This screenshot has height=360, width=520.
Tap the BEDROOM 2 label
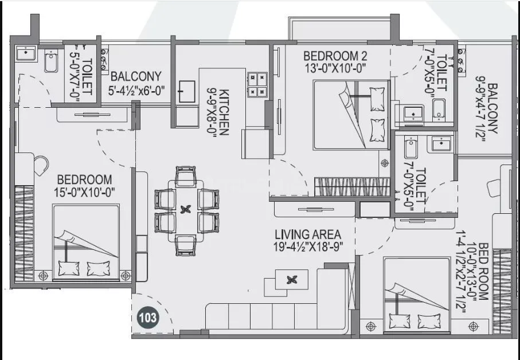click(x=335, y=56)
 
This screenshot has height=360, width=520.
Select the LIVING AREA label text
click(x=307, y=234)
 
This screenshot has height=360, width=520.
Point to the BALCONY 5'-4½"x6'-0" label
click(x=136, y=83)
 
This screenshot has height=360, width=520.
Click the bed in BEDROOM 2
click(x=351, y=114)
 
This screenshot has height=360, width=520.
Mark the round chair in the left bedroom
click(x=41, y=166)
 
